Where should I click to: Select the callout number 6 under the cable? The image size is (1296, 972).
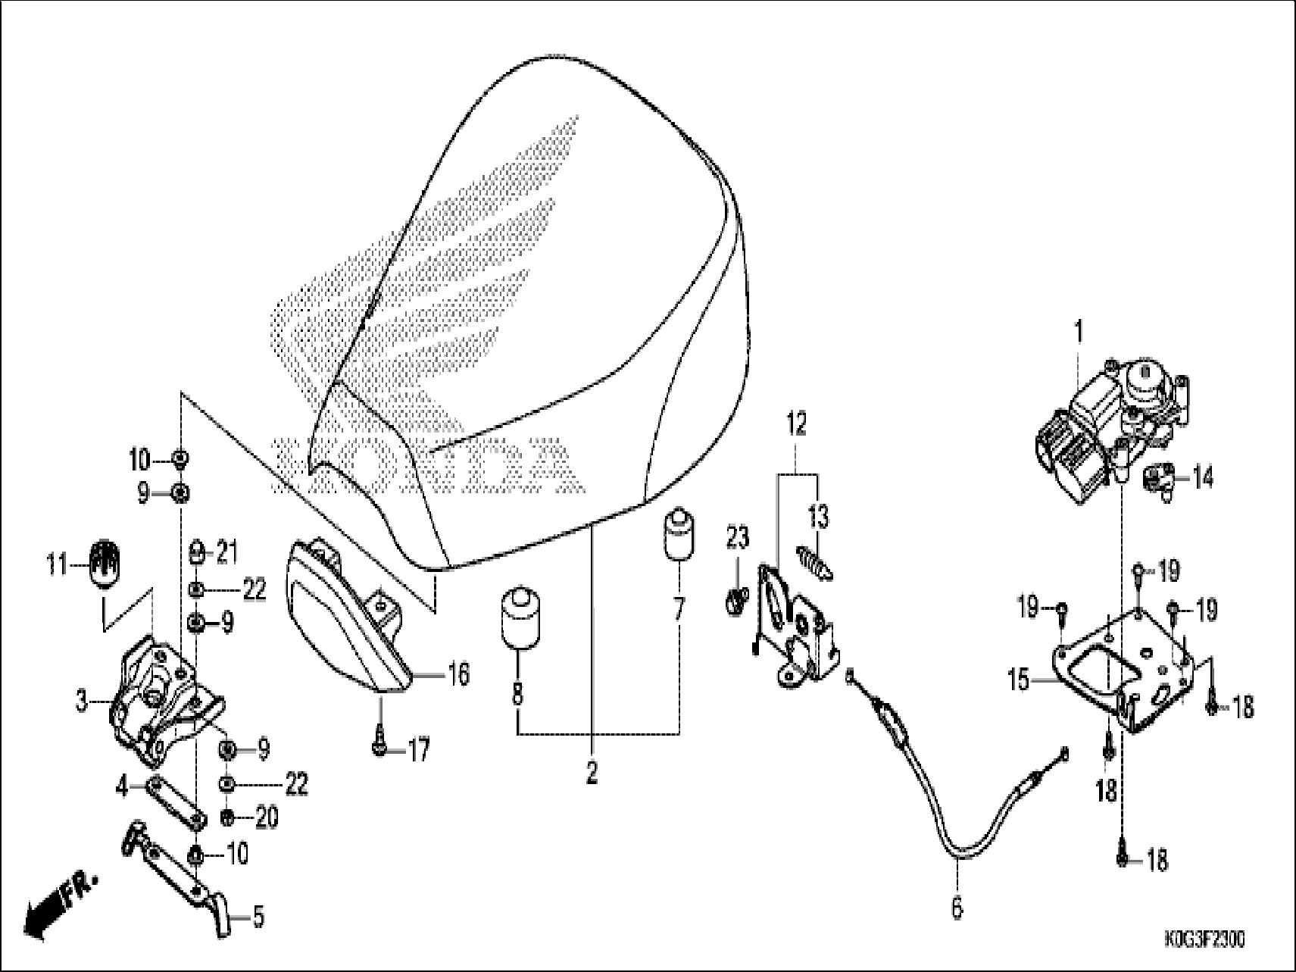click(957, 907)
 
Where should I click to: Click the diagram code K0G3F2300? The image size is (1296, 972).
click(1203, 940)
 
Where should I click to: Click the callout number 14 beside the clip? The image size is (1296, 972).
click(1202, 477)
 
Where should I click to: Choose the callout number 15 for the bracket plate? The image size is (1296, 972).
click(1020, 680)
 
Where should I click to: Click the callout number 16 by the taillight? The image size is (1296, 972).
click(458, 673)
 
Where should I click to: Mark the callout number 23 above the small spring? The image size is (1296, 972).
click(738, 538)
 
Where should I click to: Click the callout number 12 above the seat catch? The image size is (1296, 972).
click(796, 424)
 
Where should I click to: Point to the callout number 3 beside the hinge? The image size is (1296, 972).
click(82, 702)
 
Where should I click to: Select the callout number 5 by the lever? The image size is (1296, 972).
click(258, 917)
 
